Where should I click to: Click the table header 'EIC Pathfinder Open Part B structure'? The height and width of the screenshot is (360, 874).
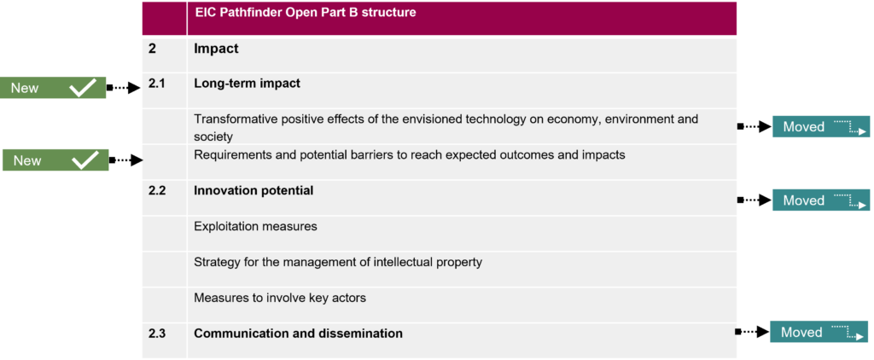pyautogui.click(x=305, y=12)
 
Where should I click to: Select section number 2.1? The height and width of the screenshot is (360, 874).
pyautogui.click(x=157, y=84)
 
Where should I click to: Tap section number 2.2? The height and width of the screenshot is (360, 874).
pyautogui.click(x=157, y=190)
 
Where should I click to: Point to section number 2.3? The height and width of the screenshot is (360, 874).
pyautogui.click(x=157, y=334)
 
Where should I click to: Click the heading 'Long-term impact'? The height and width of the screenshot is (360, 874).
pyautogui.click(x=247, y=84)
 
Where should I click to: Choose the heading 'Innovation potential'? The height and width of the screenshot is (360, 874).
pyautogui.click(x=253, y=190)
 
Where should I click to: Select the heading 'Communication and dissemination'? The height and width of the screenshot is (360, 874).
pyautogui.click(x=298, y=334)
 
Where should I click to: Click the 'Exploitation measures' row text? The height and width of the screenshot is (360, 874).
pyautogui.click(x=255, y=227)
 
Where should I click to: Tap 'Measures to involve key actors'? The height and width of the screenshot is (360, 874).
pyautogui.click(x=280, y=298)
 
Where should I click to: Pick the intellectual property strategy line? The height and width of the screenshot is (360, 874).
pyautogui.click(x=338, y=262)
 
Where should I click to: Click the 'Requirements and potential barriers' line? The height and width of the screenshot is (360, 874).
pyautogui.click(x=410, y=155)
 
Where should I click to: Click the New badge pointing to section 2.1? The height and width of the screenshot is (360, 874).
pyautogui.click(x=52, y=88)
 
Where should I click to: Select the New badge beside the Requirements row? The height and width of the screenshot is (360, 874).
pyautogui.click(x=55, y=160)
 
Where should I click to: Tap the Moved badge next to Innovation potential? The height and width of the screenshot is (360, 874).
pyautogui.click(x=820, y=200)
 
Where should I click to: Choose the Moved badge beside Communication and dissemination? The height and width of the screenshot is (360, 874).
pyautogui.click(x=819, y=332)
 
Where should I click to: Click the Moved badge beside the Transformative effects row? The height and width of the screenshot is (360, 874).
pyautogui.click(x=820, y=126)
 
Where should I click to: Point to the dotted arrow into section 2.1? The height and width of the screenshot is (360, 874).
pyautogui.click(x=123, y=88)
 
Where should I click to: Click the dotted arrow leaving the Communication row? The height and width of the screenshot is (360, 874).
pyautogui.click(x=753, y=332)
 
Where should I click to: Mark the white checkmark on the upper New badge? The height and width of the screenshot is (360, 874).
pyautogui.click(x=83, y=88)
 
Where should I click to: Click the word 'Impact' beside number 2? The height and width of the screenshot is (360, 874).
pyautogui.click(x=216, y=49)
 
